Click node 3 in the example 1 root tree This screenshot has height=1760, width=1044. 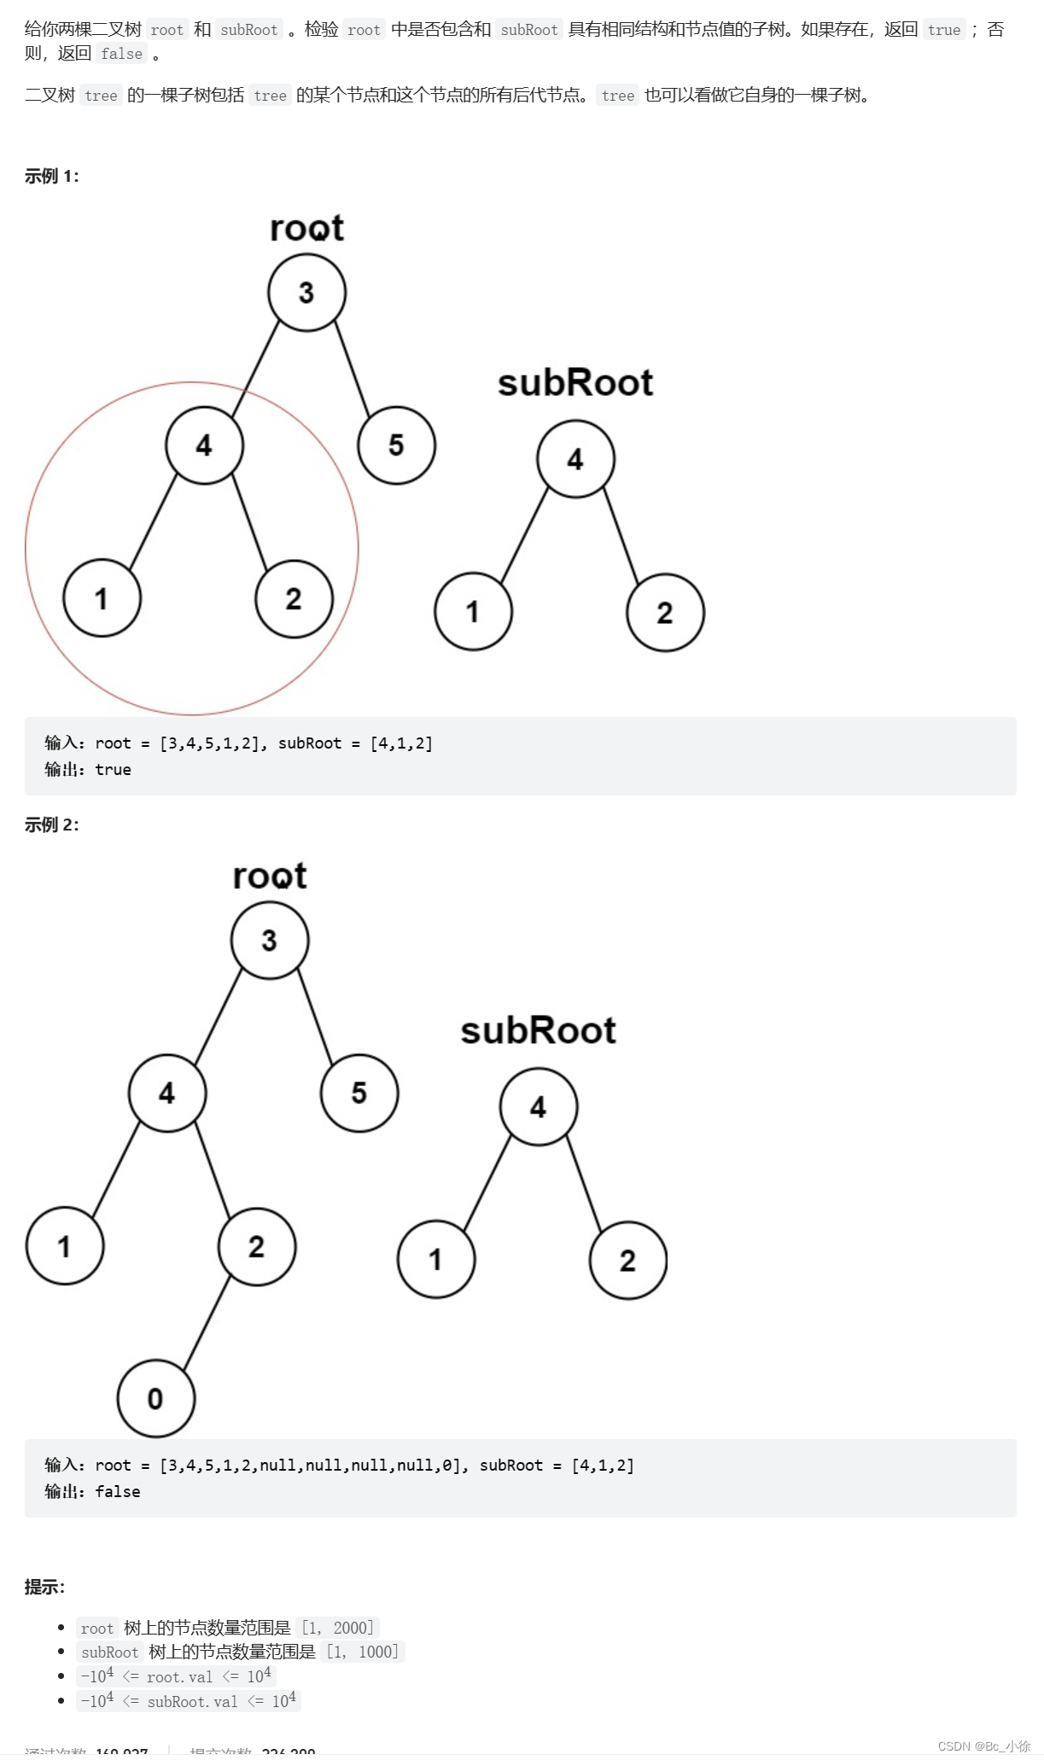pyautogui.click(x=306, y=293)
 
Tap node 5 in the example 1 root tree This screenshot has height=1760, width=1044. pyautogui.click(x=396, y=445)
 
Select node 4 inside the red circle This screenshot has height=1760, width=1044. pyautogui.click(x=204, y=445)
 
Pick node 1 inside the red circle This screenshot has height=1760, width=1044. pyautogui.click(x=102, y=598)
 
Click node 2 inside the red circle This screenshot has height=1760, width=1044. pyautogui.click(x=294, y=598)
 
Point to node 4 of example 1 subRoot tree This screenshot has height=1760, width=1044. pyautogui.click(x=575, y=459)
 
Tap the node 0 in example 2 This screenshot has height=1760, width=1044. pyautogui.click(x=155, y=1398)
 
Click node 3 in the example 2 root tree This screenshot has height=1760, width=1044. pyautogui.click(x=270, y=940)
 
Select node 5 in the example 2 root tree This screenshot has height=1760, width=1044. pyautogui.click(x=359, y=1093)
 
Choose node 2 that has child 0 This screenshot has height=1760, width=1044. pyautogui.click(x=257, y=1246)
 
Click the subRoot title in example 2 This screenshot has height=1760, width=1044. pyautogui.click(x=538, y=1030)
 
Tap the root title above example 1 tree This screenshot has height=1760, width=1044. pyautogui.click(x=306, y=228)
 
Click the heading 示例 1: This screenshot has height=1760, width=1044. pyautogui.click(x=51, y=177)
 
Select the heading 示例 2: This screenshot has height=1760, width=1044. pyautogui.click(x=51, y=825)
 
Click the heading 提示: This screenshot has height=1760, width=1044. pyautogui.click(x=44, y=1587)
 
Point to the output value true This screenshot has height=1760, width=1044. pyautogui.click(x=113, y=770)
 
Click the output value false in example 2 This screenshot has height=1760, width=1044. pyautogui.click(x=117, y=1491)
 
